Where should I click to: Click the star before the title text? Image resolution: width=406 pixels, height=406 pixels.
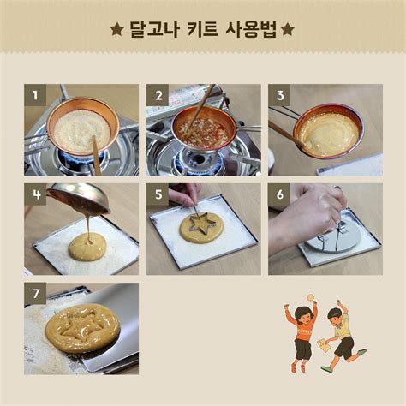(116, 30)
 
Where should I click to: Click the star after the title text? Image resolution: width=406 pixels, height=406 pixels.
(288, 30)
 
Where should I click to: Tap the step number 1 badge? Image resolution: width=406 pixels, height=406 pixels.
(33, 94)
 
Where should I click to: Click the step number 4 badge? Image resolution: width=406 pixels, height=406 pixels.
(33, 194)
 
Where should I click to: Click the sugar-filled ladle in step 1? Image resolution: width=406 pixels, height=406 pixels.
(82, 128)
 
